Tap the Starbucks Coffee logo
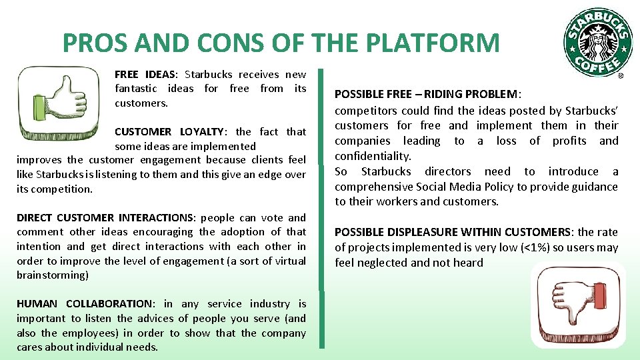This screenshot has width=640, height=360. click(597, 42)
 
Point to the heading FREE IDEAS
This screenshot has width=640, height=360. click(144, 75)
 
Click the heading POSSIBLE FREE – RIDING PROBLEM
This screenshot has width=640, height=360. click(427, 95)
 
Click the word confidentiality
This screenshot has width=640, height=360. click(373, 156)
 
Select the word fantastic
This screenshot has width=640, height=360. click(136, 89)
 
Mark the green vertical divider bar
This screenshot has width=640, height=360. click(321, 208)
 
